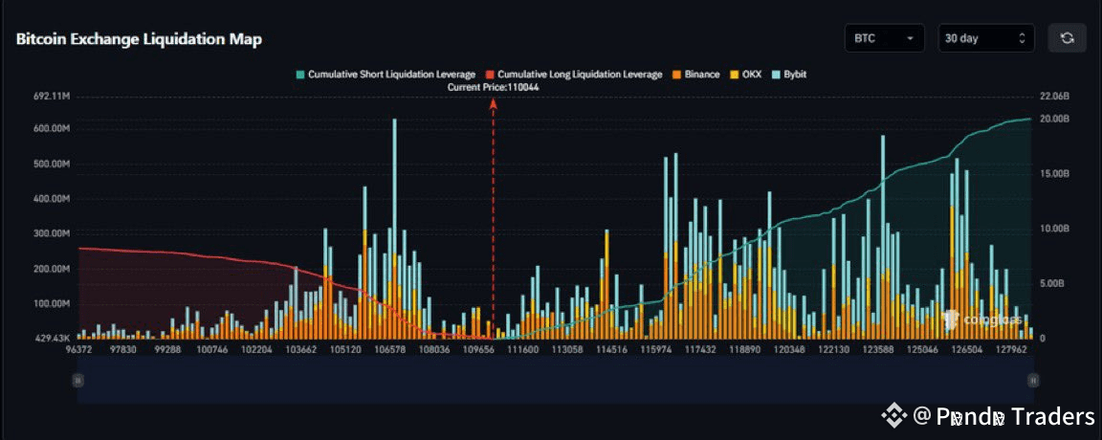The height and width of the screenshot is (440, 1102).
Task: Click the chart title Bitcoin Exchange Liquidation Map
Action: click(x=139, y=39)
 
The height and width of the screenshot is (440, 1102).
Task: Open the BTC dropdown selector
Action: click(x=884, y=38)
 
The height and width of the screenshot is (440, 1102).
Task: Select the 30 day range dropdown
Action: click(x=985, y=38)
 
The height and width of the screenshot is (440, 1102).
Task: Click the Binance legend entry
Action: click(x=695, y=74)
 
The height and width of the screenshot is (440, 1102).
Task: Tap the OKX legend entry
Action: click(x=745, y=74)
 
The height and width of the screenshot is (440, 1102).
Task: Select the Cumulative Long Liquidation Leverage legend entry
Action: click(x=574, y=74)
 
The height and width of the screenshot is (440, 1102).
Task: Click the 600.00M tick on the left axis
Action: click(x=51, y=129)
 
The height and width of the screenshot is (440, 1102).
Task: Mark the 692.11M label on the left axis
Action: click(x=51, y=97)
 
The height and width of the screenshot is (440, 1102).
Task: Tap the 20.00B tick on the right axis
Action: click(x=1053, y=119)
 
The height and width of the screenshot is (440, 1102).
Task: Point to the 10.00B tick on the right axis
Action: click(x=1053, y=229)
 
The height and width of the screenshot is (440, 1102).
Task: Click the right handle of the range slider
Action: click(x=1033, y=380)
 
